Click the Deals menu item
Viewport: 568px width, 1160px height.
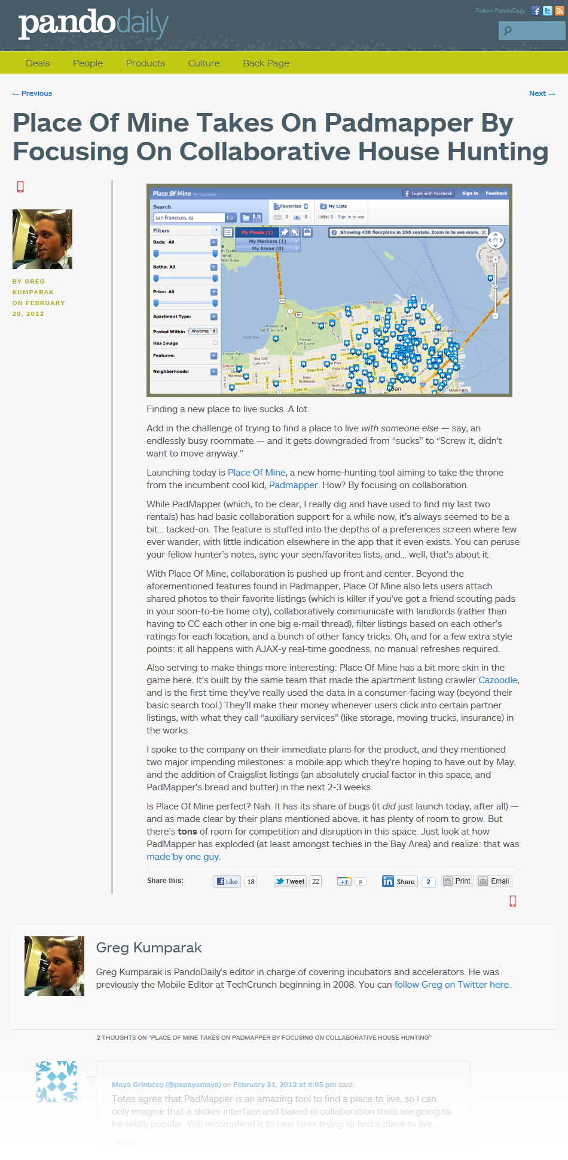[x=38, y=63]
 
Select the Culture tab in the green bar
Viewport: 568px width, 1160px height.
[x=204, y=63]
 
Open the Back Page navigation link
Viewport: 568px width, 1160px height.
[x=266, y=63]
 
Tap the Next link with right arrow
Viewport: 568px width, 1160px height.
[x=542, y=93]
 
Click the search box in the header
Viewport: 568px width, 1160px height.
[x=535, y=31]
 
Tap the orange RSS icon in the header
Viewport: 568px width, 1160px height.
[x=559, y=11]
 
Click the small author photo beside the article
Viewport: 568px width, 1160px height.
[x=42, y=239]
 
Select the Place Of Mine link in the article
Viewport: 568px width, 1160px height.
[x=256, y=473]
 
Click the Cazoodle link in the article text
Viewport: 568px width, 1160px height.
[x=497, y=680]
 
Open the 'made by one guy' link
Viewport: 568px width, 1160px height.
[x=182, y=857]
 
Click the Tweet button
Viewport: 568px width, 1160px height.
[x=291, y=881]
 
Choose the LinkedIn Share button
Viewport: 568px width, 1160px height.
[x=399, y=881]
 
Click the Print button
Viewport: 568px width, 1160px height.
[x=457, y=881]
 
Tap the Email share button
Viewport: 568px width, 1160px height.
[x=494, y=881]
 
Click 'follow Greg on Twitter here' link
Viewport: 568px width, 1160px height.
[x=452, y=985]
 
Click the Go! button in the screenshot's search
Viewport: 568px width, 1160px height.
[x=230, y=218]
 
